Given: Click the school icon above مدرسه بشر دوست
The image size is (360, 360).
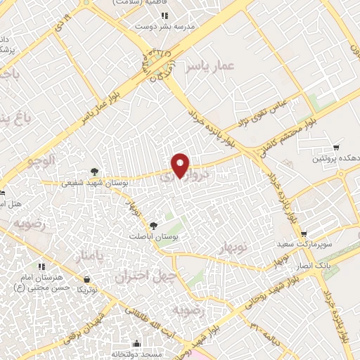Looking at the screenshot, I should coord(164,15).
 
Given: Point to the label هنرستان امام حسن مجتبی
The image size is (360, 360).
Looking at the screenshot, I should coord(42,282).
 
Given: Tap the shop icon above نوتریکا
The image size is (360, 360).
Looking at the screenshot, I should coord(86,278).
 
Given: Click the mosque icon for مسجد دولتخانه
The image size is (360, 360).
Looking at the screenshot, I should coord(135,343).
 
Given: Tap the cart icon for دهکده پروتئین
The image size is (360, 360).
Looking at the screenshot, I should coord(337,148).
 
